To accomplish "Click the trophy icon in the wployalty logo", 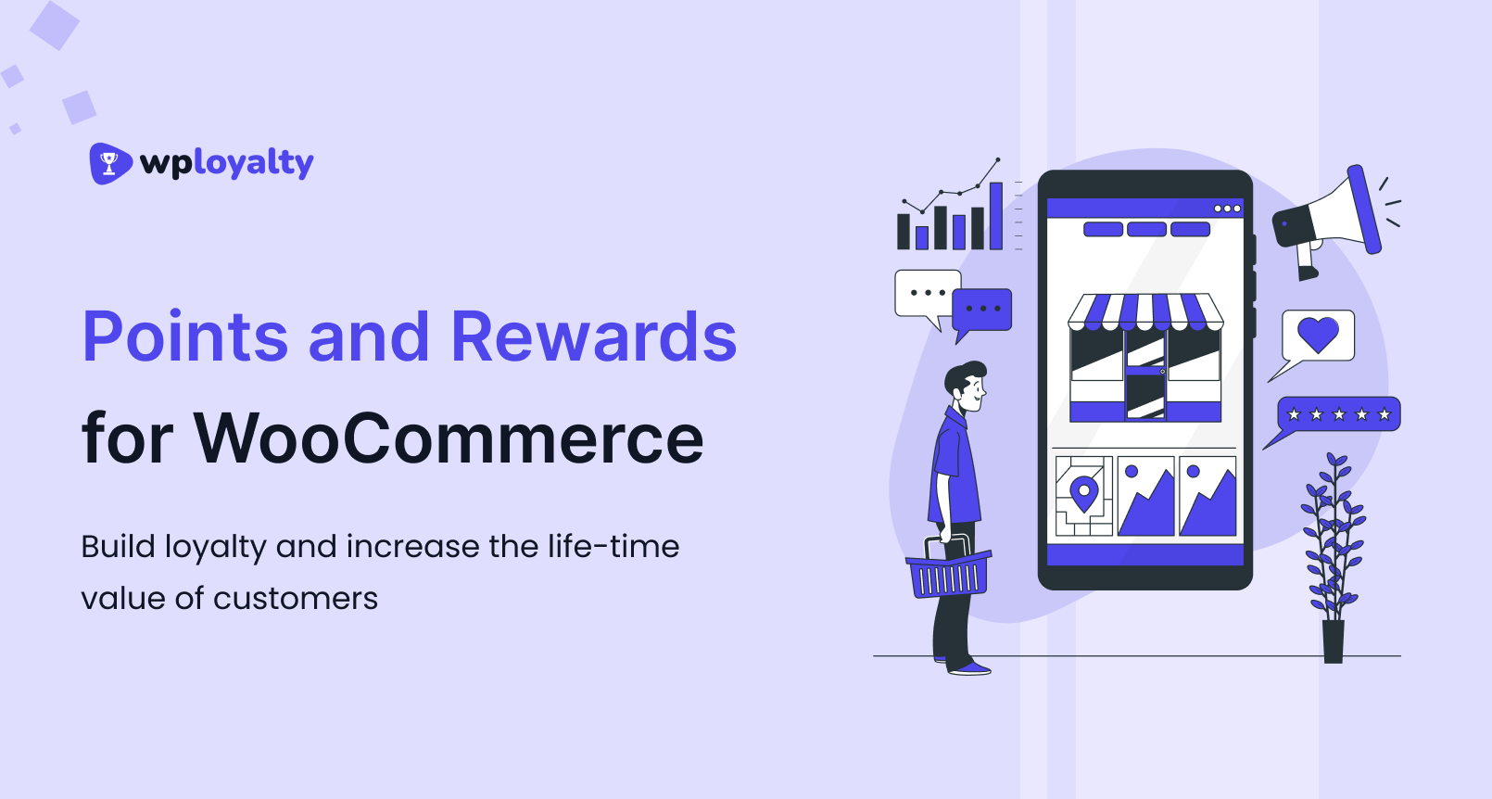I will [109, 163].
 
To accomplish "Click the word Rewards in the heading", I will [593, 336].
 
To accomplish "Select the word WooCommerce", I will [449, 438].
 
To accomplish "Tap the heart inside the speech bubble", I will [1318, 334].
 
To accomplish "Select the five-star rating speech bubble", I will [1338, 414].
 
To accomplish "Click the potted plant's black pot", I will [1333, 641].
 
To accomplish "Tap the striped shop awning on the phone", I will [1145, 311].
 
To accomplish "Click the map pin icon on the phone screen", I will [1083, 493].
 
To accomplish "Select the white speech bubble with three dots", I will [926, 294].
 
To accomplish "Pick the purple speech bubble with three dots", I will [982, 309].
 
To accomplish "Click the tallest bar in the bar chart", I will [996, 216].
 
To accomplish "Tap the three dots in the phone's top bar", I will [1227, 209].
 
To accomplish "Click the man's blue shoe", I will [969, 667].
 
